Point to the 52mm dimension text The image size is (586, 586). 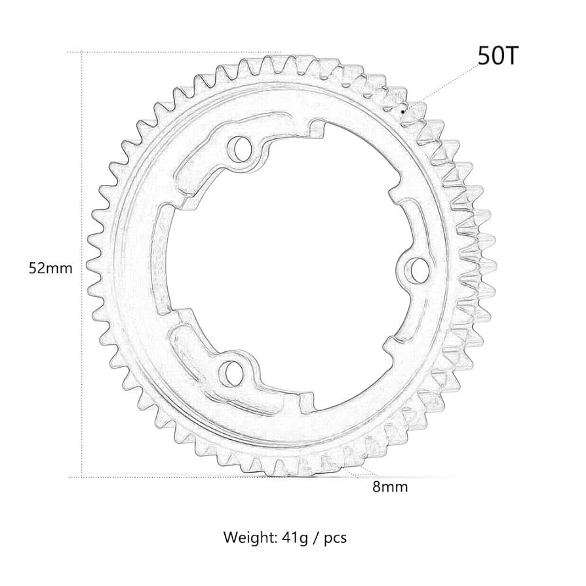tap(50, 268)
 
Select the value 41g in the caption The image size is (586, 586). tap(294, 538)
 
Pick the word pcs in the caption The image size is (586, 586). tap(334, 539)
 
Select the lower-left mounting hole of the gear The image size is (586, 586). tap(230, 371)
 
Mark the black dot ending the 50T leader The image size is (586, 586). tap(402, 111)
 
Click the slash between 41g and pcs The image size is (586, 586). tap(317, 538)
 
